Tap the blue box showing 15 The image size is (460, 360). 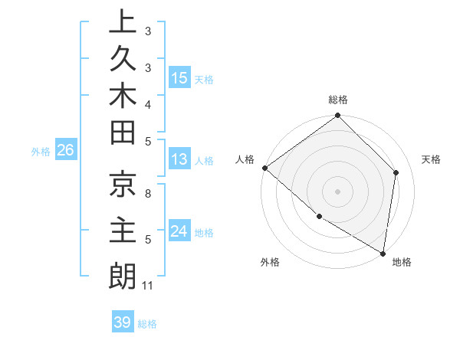[179, 77]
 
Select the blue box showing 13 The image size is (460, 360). [179, 159]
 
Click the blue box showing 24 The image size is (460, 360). [179, 231]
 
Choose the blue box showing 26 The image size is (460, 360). [65, 151]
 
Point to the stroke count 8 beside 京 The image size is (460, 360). [148, 195]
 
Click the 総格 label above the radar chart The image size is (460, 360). [338, 100]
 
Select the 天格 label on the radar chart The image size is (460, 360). [432, 159]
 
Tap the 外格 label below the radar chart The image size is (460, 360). [270, 263]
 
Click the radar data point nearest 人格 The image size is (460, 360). [264, 168]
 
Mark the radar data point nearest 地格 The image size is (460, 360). [383, 252]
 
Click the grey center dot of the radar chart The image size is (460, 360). [338, 191]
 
